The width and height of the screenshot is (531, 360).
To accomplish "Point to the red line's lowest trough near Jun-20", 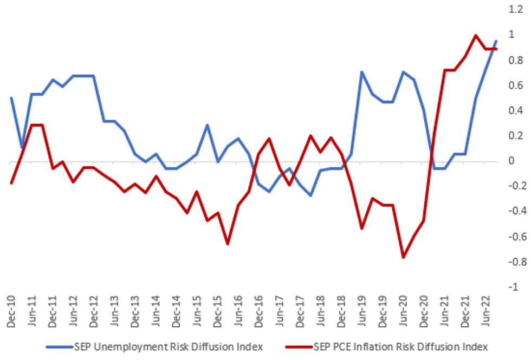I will click(403, 257).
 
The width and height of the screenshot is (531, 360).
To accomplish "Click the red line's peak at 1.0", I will click(475, 36).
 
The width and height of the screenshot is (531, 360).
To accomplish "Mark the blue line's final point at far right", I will click(496, 41).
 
